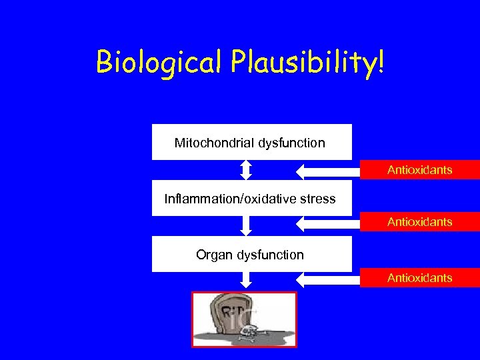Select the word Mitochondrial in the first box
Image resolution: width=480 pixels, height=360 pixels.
click(213, 143)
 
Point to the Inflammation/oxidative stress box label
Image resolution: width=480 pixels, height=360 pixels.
click(250, 199)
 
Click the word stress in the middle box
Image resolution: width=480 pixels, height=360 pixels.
click(318, 199)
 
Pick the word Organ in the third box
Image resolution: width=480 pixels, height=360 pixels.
click(213, 255)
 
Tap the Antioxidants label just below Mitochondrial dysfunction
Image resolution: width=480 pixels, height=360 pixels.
click(419, 170)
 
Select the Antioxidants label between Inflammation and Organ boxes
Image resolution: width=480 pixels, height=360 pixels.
click(419, 222)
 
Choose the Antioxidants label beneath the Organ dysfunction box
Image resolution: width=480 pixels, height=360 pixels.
click(419, 278)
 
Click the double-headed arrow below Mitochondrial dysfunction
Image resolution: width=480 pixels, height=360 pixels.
click(246, 170)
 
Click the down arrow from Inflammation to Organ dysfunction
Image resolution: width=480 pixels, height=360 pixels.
click(246, 225)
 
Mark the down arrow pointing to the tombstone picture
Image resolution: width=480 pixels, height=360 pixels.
click(246, 281)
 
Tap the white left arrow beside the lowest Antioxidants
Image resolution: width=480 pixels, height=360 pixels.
click(327, 279)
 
